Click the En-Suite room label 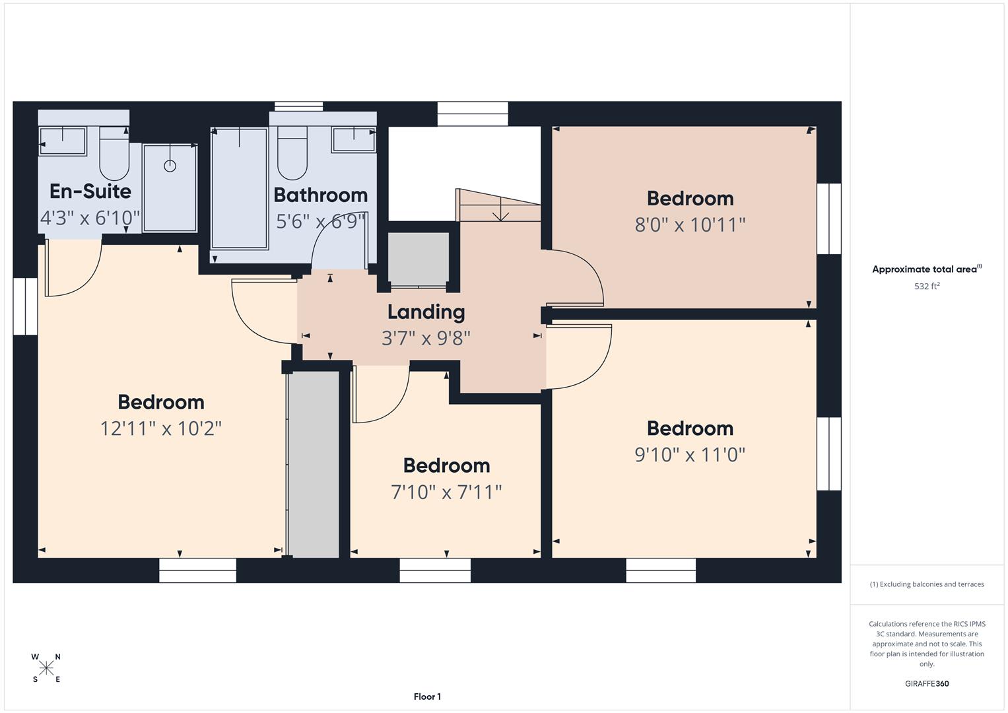pos(90,191)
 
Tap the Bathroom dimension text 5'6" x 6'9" pos(320,221)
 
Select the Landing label pos(426,312)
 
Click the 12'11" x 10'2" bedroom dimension pos(160,428)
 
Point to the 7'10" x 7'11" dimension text pos(446,492)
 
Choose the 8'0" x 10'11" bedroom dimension pos(690,224)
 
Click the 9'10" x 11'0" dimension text pos(690,454)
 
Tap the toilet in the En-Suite pos(114,153)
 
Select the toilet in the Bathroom pos(292,153)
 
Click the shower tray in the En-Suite pos(170,188)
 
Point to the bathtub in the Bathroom pos(239,188)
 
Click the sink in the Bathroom pos(354,140)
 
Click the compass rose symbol pos(46,668)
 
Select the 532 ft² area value pos(927,287)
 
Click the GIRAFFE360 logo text pos(927,683)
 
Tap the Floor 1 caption pos(427,696)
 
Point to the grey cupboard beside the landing pos(418,259)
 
